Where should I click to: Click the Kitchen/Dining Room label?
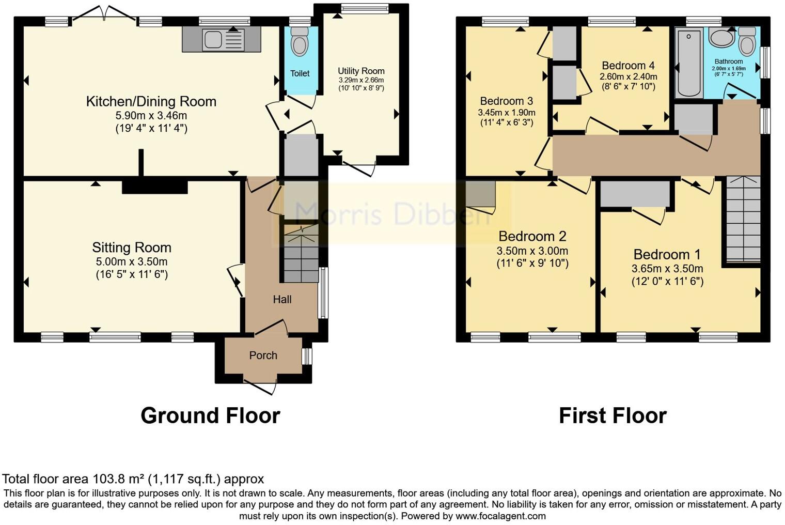point(151,101)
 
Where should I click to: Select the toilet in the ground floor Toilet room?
point(299,42)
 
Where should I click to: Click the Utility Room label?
point(361,71)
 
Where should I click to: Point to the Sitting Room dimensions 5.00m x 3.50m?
point(132,262)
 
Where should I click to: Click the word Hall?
point(282,299)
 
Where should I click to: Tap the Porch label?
point(263,356)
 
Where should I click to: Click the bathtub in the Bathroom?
point(689,64)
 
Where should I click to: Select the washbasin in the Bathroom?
point(721,38)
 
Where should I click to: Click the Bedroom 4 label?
point(628,66)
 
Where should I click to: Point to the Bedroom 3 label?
point(506,101)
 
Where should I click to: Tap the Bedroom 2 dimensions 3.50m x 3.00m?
point(532,251)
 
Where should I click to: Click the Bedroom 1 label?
point(667,254)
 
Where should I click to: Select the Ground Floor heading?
point(210,415)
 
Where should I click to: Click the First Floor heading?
point(613,415)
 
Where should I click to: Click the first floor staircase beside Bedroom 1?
point(743,220)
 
